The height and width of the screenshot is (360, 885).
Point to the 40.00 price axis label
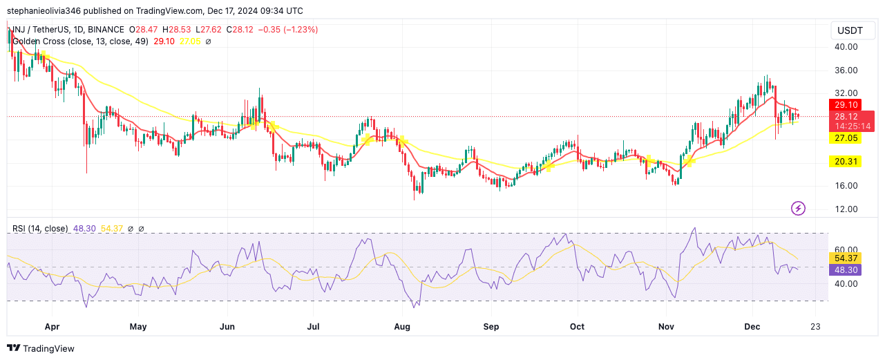[x=846, y=47]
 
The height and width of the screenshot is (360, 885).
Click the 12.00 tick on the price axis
[x=846, y=209]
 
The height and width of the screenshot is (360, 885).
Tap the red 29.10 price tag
[x=846, y=104]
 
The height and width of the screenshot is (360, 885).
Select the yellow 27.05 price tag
[x=846, y=138]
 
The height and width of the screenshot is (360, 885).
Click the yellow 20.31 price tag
[x=846, y=161]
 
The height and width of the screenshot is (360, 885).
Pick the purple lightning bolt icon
[x=799, y=208]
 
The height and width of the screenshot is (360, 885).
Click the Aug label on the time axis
[x=402, y=326]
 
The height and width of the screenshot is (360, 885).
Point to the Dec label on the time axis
[x=752, y=326]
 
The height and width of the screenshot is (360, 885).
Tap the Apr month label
[x=50, y=326]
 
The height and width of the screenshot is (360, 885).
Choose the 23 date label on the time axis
[x=816, y=326]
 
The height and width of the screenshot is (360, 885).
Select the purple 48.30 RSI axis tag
[x=846, y=269]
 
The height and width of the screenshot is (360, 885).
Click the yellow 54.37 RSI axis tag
[x=846, y=258]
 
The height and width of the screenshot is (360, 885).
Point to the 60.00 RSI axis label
[x=846, y=249]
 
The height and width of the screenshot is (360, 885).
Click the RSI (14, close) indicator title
[x=40, y=229]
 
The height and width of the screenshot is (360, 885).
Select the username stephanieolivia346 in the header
[x=48, y=11]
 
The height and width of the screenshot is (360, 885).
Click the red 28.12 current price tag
[x=850, y=117]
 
